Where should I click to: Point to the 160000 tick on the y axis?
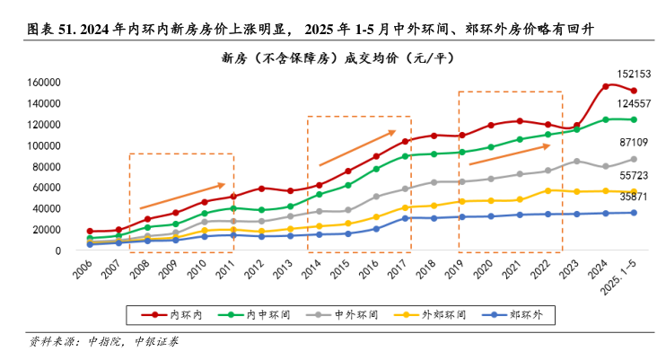point(41,83)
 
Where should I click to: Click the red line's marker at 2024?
point(606,86)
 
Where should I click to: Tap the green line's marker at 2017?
point(405,156)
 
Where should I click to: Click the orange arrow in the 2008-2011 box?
point(181,196)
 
